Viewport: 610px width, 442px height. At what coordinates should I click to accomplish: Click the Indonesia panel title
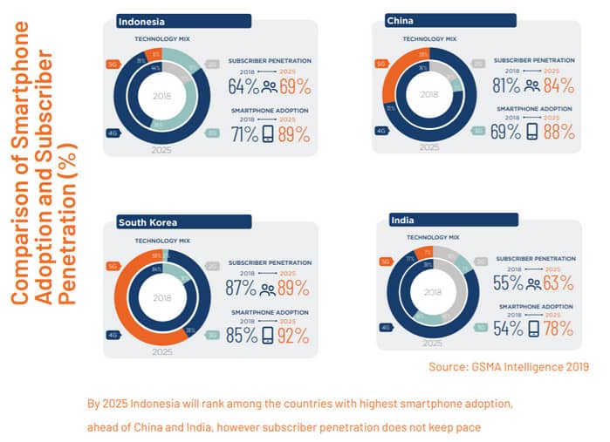[x=142, y=21]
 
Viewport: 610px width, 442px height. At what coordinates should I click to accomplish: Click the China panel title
[x=402, y=20]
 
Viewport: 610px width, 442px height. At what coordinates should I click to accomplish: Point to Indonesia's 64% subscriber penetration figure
[x=244, y=86]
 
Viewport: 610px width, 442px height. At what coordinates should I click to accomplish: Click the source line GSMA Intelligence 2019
[x=508, y=368]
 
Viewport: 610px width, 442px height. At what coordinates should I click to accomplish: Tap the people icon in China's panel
[x=532, y=85]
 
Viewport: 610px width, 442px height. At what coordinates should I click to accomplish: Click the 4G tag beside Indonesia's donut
[x=112, y=133]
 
